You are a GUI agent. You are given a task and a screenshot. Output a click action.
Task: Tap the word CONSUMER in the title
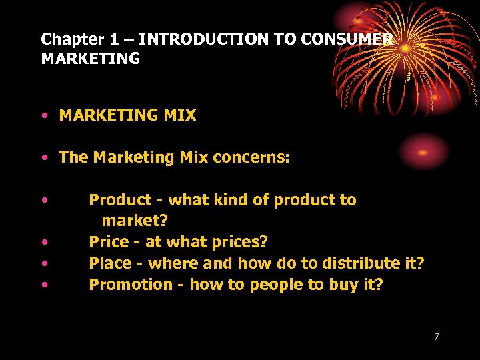coord(346,39)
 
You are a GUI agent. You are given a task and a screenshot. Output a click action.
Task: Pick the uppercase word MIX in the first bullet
coord(181,116)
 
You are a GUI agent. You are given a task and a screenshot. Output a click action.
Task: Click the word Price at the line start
coord(107,241)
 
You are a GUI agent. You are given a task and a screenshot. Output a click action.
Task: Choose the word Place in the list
coord(109,263)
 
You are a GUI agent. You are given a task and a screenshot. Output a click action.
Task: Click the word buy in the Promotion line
coord(325,285)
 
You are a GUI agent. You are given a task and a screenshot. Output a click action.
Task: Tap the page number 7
coord(437,337)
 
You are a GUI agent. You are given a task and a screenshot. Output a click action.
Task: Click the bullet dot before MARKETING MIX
coord(43,116)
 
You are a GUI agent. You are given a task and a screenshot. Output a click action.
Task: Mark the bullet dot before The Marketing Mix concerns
coord(43,158)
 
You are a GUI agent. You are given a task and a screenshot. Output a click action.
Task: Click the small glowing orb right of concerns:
coord(423,151)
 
